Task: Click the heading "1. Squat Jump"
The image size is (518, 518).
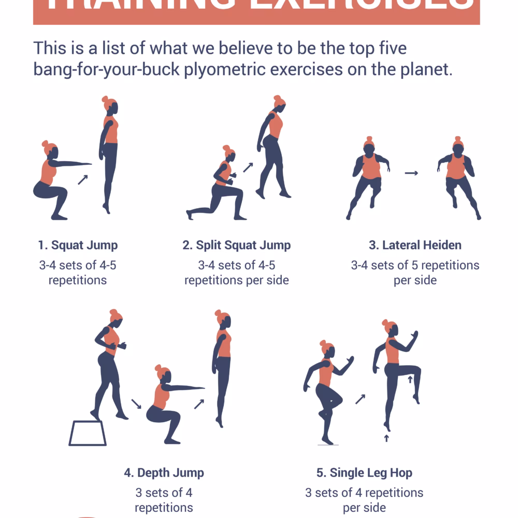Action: coord(78,245)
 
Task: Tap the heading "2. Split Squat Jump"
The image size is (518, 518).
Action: coord(236,245)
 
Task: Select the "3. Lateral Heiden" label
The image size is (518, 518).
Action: coord(415,245)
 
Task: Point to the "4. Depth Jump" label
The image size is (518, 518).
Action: coord(164,472)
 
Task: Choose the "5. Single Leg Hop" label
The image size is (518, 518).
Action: coord(364,472)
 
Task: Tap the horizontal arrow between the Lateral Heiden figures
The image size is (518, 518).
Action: coord(411,173)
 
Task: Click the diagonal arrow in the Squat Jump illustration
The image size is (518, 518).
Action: coord(82,179)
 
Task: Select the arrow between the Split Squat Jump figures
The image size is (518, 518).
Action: coord(248,167)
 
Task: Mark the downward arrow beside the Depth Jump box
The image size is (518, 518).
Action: coord(136,403)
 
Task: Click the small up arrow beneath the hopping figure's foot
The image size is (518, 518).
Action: coord(386,438)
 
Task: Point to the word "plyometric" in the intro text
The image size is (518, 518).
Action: coord(230,69)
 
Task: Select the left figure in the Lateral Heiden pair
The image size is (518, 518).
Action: coord(368,176)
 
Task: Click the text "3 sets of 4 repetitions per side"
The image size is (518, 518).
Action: coord(364,500)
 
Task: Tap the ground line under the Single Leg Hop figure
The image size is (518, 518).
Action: coord(327,445)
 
